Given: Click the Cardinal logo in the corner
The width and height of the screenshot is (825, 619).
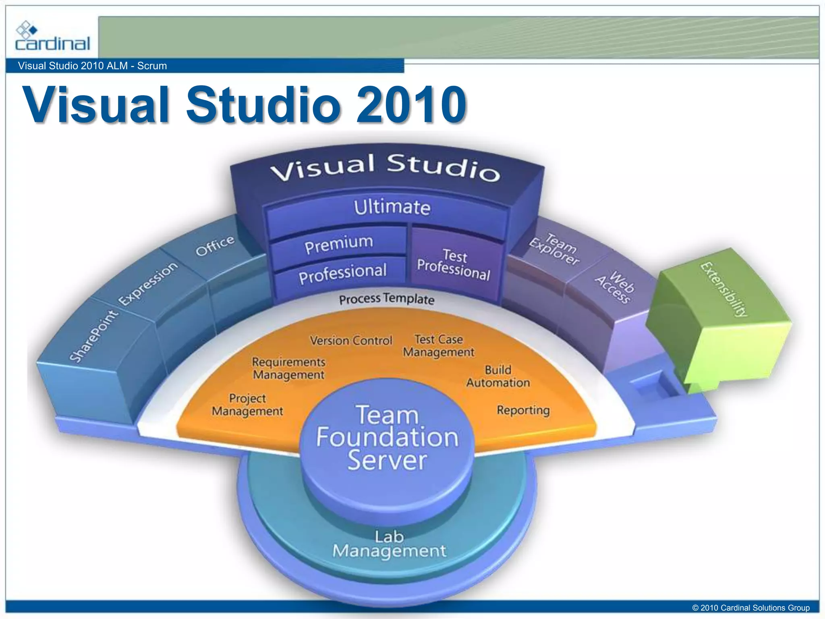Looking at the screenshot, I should (52, 37).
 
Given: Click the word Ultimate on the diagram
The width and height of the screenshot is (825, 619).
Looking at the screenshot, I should (392, 208).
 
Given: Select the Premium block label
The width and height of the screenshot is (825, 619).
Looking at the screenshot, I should (339, 243).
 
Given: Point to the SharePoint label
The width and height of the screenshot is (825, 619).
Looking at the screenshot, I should (93, 337).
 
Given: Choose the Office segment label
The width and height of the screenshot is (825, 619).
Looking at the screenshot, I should (215, 245).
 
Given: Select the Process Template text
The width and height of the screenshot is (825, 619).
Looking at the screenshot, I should (387, 299).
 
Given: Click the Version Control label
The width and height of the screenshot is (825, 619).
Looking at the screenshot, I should (351, 341).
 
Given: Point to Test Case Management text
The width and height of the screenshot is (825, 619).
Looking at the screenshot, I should (439, 346).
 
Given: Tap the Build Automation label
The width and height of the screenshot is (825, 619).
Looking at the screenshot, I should (498, 376).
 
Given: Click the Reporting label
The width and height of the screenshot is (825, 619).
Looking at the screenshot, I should (523, 410).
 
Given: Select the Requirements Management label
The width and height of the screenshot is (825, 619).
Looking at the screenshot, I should (288, 368).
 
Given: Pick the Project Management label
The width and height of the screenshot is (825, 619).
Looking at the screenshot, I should (247, 405).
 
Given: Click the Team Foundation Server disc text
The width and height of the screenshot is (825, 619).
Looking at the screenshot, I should (387, 438).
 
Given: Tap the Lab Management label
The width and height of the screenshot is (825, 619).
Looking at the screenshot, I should (389, 544).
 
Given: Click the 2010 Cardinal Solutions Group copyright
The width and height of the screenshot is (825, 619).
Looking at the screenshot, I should (751, 608).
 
